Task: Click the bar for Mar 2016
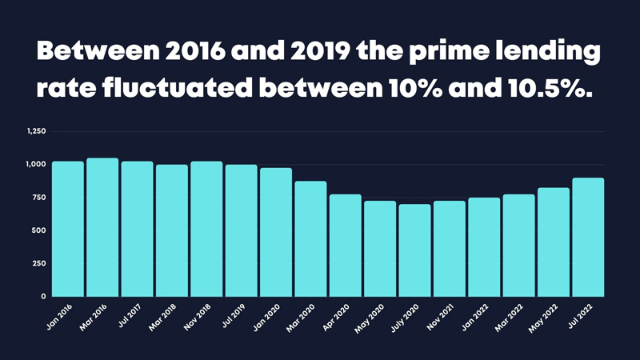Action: (102, 227)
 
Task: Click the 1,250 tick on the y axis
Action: (36, 131)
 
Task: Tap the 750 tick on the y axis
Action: (39, 198)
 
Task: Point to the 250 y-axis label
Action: (39, 263)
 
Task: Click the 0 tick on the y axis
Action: (43, 297)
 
